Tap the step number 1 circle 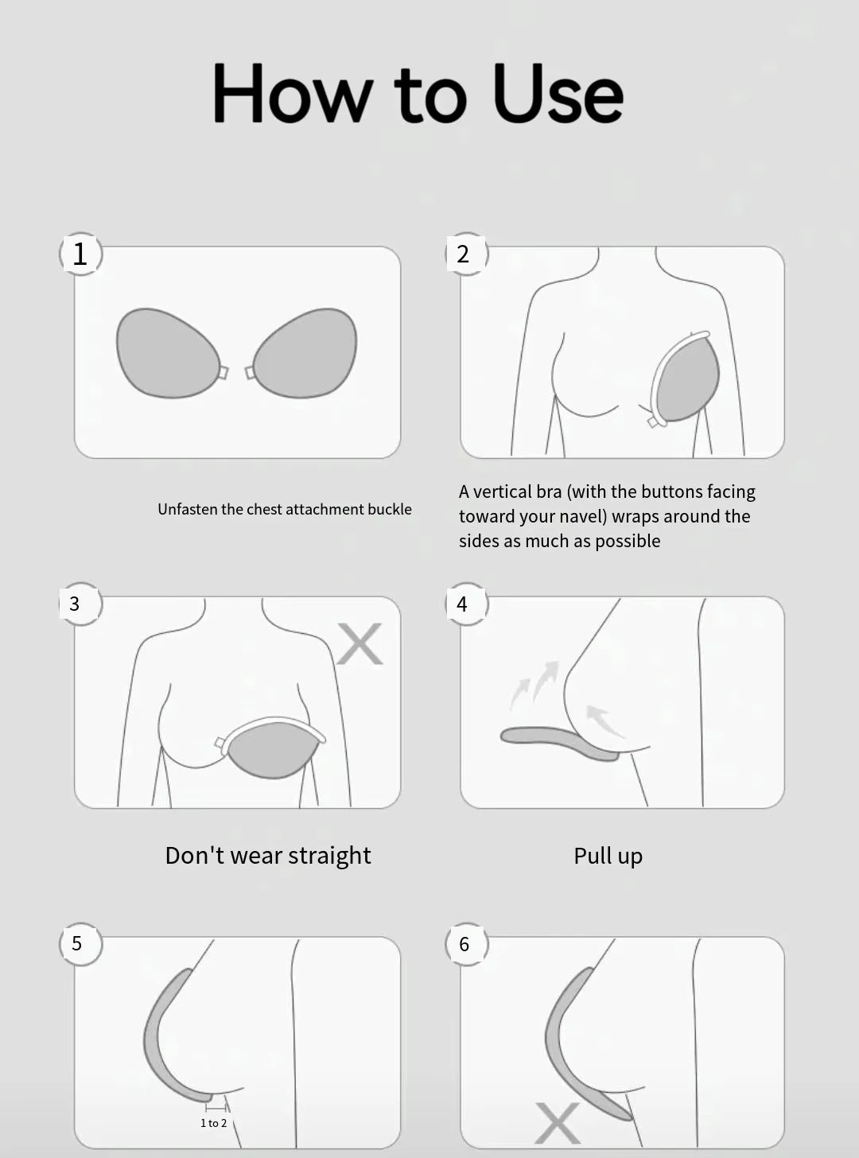point(80,254)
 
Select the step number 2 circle point(464,254)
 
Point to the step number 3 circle point(76,604)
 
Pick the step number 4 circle point(463,604)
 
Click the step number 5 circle point(78,943)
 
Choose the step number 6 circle point(464,944)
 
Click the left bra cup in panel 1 point(166,353)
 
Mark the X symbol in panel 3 point(360,643)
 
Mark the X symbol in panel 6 point(557,1123)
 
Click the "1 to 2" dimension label point(213,1123)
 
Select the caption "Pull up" point(608,856)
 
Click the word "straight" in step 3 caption point(328,856)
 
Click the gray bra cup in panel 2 point(687,379)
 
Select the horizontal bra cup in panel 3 point(273,748)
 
